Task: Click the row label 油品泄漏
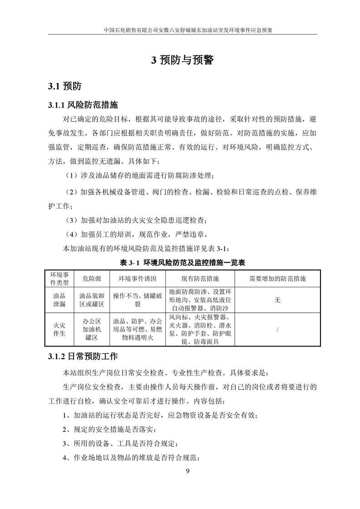point(59,299)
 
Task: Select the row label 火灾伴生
point(59,329)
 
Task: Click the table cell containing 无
point(278,299)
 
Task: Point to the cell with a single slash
point(278,329)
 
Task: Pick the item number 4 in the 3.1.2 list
point(64,457)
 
